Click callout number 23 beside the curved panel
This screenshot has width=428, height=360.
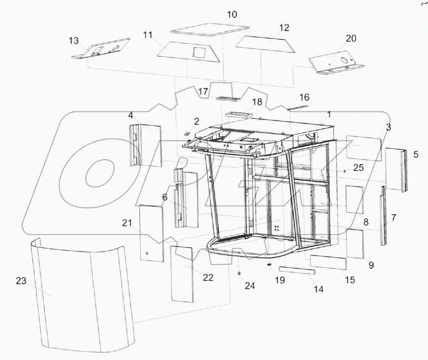coord(21,281)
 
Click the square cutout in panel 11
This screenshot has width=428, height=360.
coord(197,52)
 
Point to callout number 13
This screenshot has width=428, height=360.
coord(74,41)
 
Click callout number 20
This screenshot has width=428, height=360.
coord(351,38)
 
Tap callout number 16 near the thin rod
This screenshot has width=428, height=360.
coord(304,97)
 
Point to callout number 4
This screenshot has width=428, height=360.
coord(130,115)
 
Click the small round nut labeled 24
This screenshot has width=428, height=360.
coord(240,273)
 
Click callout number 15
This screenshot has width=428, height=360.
coord(350,280)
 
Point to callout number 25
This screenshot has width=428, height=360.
coord(359,168)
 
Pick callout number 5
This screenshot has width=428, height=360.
coord(416,155)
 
